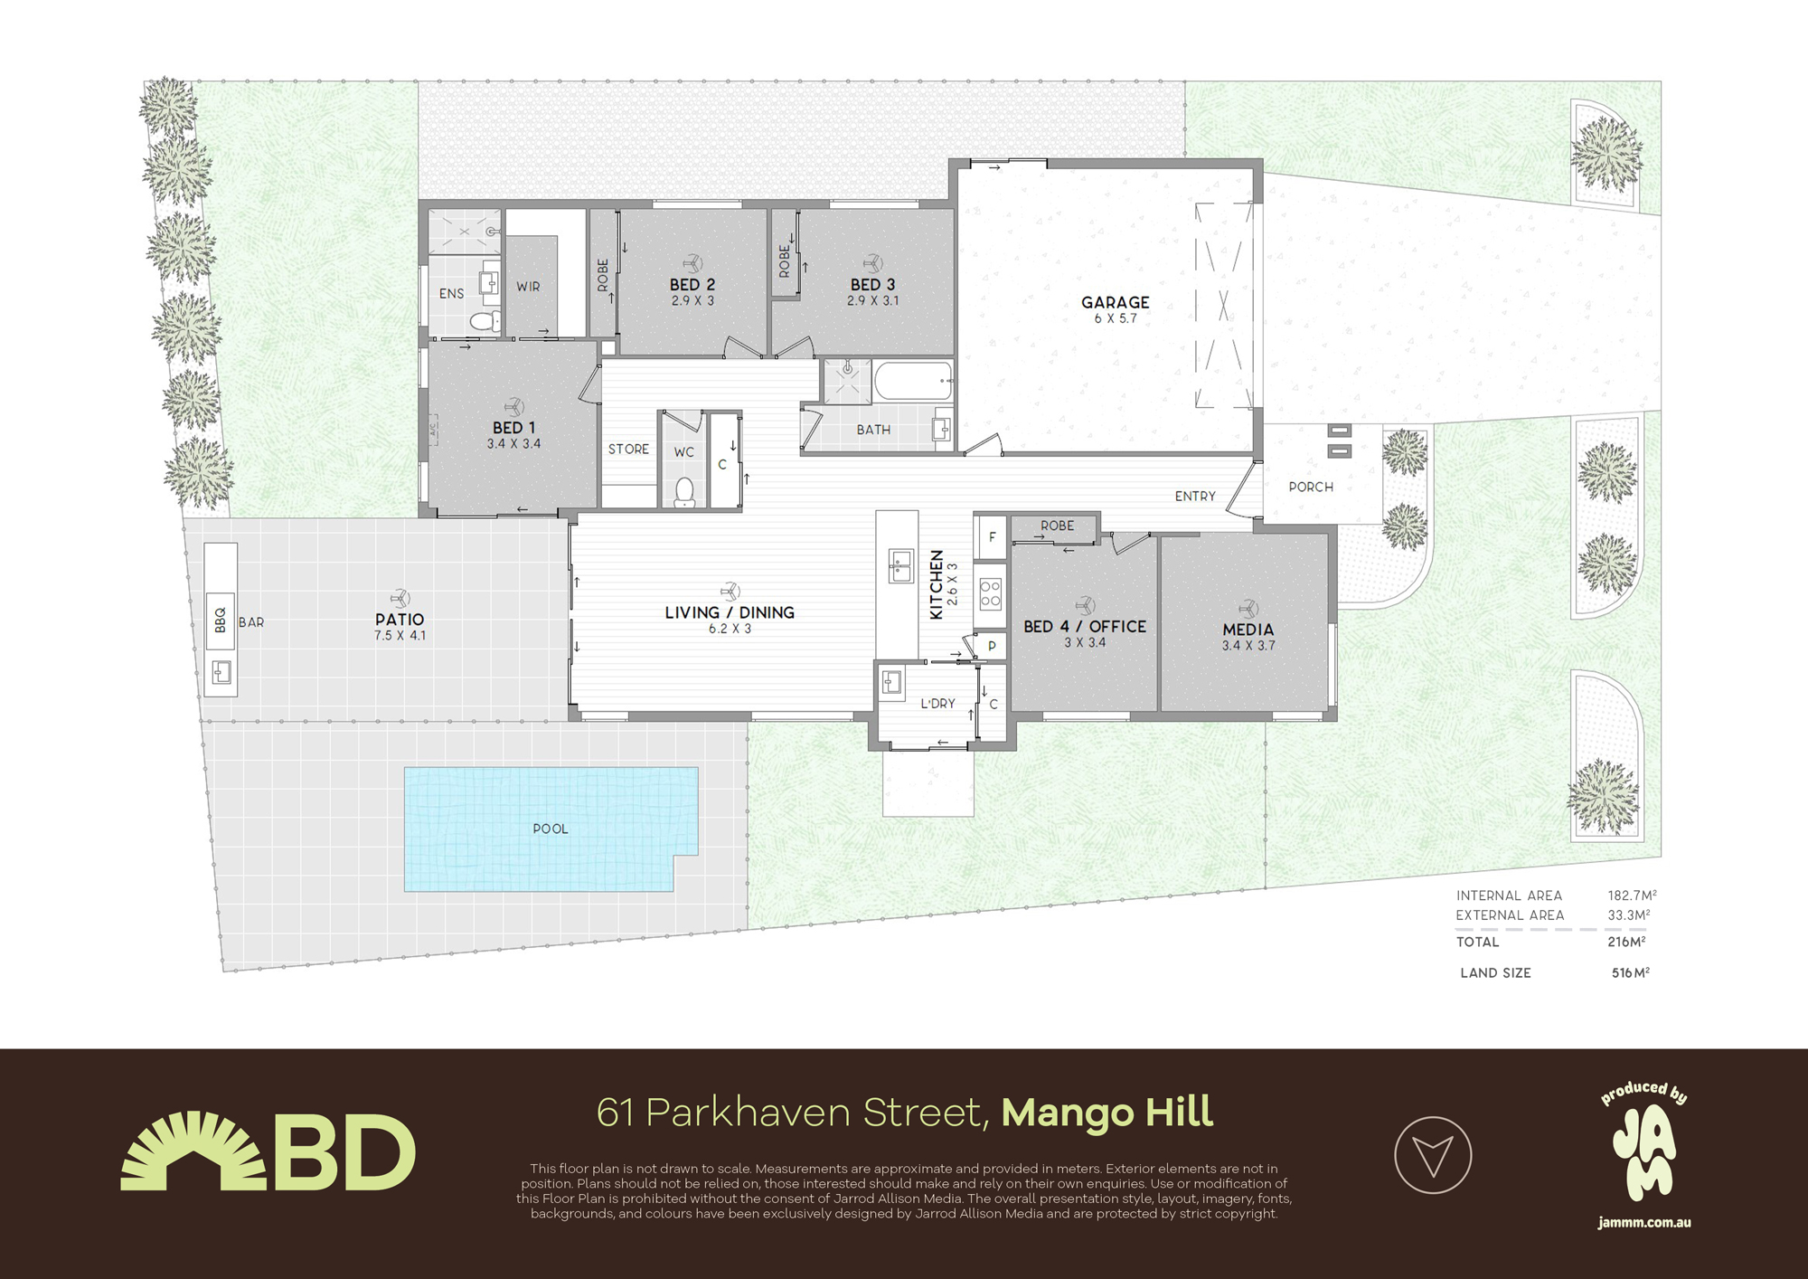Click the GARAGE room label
click(1115, 302)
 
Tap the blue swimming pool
click(550, 829)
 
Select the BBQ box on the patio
click(221, 621)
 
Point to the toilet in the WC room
click(684, 491)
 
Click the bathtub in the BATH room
click(913, 382)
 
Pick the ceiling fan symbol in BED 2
click(692, 263)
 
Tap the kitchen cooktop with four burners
click(991, 594)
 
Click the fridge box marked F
click(992, 537)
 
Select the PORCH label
click(1311, 487)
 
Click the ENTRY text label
click(1195, 496)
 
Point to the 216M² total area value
click(1625, 942)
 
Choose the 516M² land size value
click(1630, 973)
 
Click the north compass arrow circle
click(1433, 1155)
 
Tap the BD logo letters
click(344, 1153)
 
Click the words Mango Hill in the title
click(1106, 1113)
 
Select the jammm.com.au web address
click(1643, 1223)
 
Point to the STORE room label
click(628, 449)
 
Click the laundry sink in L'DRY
click(891, 683)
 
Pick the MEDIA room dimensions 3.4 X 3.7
click(1248, 646)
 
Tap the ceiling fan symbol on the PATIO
click(400, 598)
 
